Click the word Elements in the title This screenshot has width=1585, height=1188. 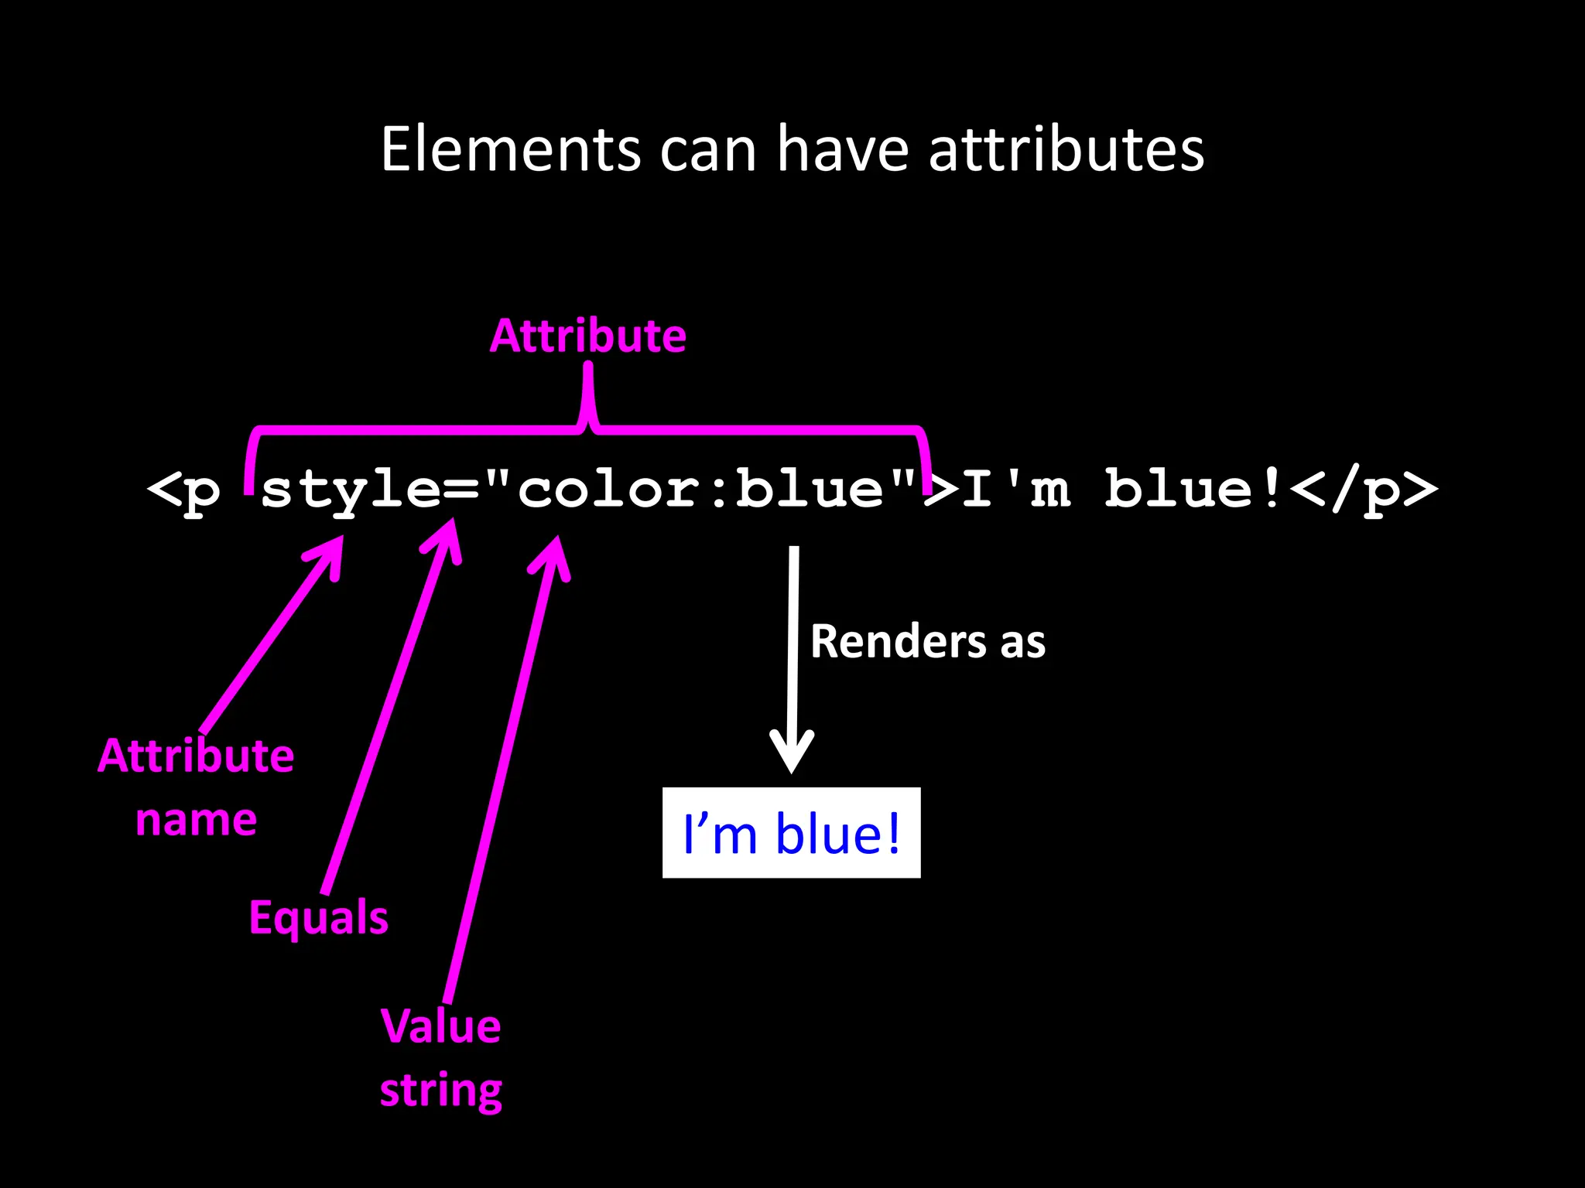(511, 149)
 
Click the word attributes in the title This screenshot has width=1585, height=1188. (1066, 149)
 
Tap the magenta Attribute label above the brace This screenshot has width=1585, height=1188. (588, 336)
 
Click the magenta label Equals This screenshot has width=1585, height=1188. (319, 918)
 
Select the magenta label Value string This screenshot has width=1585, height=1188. (441, 1058)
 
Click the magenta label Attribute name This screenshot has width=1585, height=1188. (196, 787)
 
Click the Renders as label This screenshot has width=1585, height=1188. (928, 641)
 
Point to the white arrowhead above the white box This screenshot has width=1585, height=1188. (792, 754)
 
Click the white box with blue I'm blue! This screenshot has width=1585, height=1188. (792, 833)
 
